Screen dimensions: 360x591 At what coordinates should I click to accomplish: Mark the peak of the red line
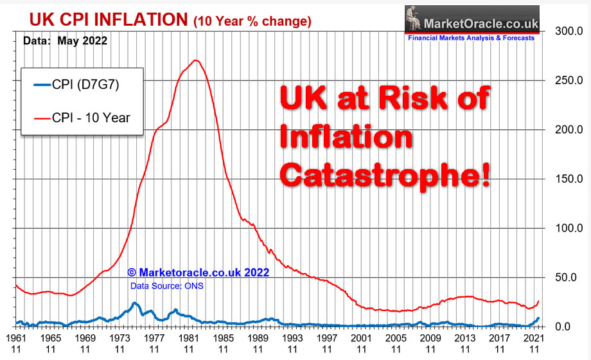[x=196, y=61]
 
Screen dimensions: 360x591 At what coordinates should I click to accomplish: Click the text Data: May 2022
[x=65, y=40]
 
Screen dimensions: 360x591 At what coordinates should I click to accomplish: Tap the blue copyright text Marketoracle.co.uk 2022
[x=198, y=273]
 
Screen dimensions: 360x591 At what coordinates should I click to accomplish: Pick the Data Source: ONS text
[x=166, y=285]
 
